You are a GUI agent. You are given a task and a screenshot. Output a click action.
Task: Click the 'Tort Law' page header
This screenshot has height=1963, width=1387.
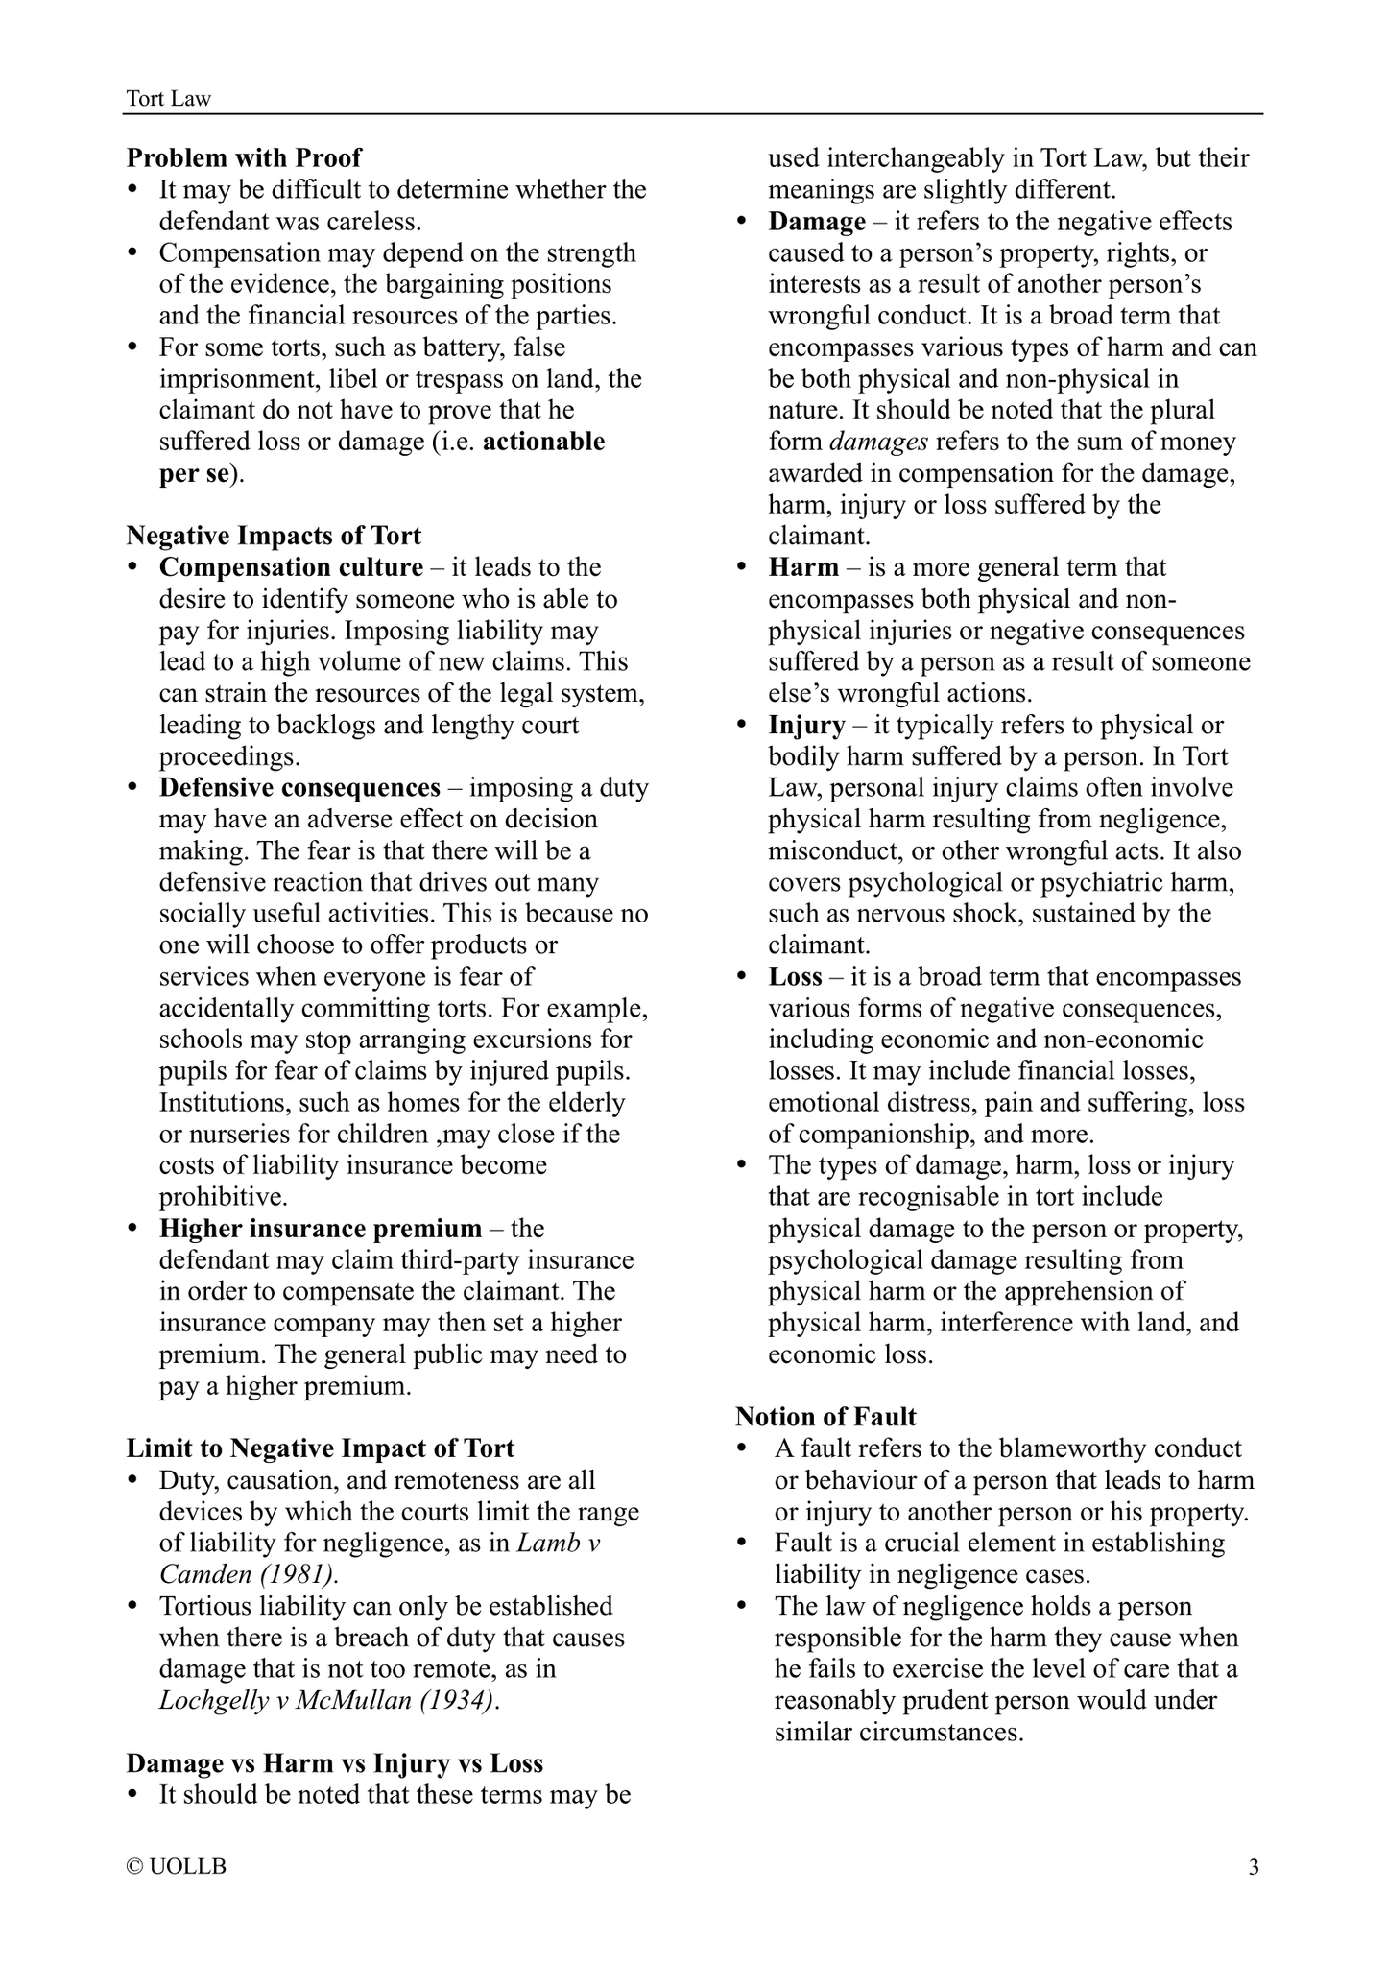[x=169, y=98]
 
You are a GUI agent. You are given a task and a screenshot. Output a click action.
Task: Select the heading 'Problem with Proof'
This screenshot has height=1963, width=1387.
[x=245, y=157]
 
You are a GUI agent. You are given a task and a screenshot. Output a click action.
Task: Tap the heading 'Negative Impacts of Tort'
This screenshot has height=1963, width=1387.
[x=274, y=536]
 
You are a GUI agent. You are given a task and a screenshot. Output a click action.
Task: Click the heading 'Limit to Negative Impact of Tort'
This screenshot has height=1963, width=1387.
[x=321, y=1448]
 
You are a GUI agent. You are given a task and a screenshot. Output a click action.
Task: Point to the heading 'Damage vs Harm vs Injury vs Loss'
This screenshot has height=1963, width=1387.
[x=335, y=1763]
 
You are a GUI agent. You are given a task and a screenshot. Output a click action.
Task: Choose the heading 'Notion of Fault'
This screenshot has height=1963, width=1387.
[x=825, y=1417]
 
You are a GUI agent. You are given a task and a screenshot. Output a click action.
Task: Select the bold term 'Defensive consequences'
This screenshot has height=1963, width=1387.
[x=299, y=788]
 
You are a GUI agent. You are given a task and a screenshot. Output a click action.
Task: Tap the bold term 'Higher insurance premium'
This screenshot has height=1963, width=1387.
[x=321, y=1229]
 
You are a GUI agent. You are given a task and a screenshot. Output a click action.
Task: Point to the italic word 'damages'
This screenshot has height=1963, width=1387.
[x=877, y=442]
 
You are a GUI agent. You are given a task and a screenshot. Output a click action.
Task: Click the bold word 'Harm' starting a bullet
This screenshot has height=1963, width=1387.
[x=803, y=567]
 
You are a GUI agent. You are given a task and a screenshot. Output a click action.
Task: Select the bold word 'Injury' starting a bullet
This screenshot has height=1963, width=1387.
[x=806, y=725]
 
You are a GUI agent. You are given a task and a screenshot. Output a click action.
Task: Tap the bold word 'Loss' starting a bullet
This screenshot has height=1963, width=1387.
[x=795, y=977]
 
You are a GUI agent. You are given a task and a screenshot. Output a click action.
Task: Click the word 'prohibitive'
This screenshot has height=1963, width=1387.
[x=222, y=1197]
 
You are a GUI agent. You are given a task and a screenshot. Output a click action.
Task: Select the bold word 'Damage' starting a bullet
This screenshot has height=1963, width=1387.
[x=817, y=222]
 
